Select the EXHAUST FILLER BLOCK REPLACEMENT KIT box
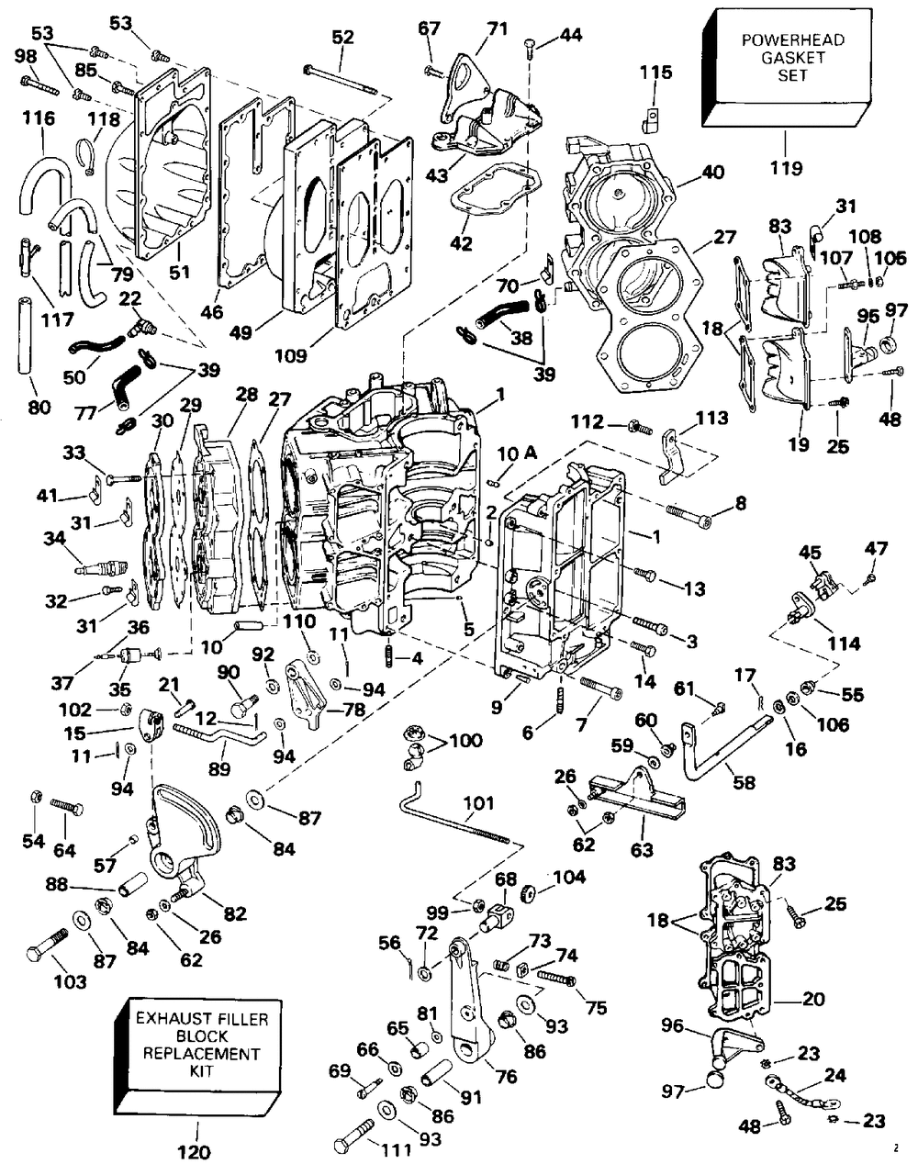198,1053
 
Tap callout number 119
786,168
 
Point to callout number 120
195,1151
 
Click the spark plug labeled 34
102,567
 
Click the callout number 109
290,356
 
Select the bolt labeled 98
39,85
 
